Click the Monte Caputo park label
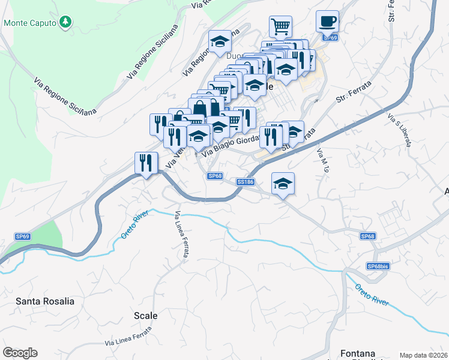coord(30,23)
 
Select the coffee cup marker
coord(327,22)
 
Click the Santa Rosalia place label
coord(45,301)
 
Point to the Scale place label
coord(145,316)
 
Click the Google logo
coord(20,353)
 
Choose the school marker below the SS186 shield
coord(283,184)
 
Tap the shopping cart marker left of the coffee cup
coord(280,27)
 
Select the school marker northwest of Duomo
coord(220,42)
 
